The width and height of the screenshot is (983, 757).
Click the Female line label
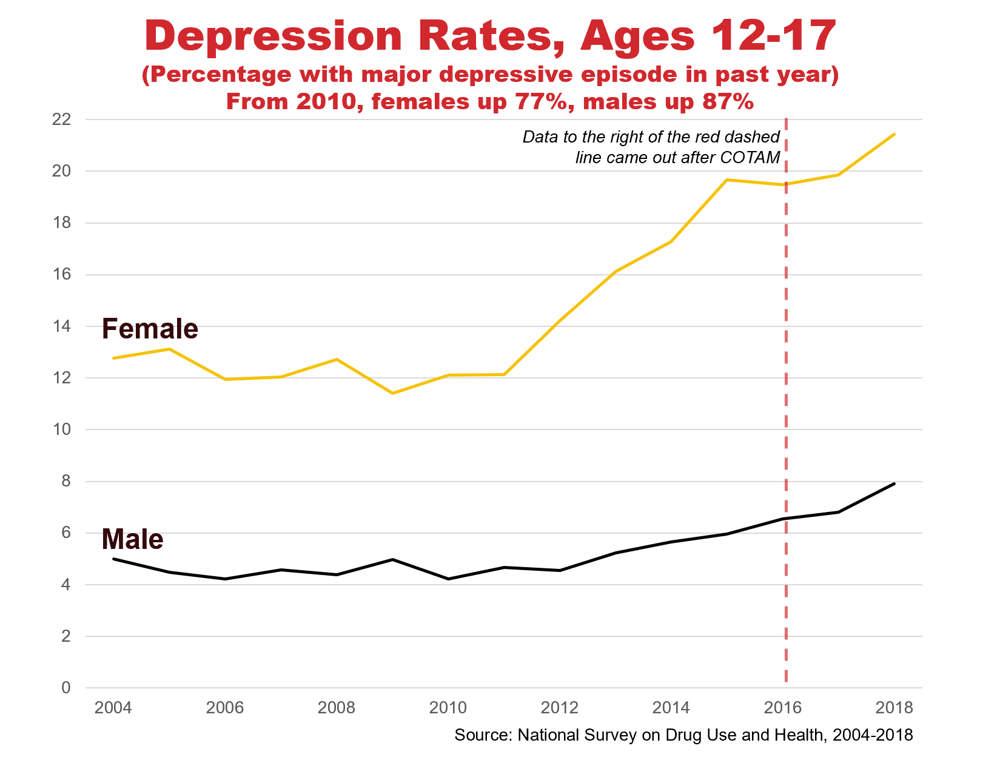150,329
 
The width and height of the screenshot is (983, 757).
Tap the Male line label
132,539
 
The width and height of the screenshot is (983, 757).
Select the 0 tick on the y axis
65,688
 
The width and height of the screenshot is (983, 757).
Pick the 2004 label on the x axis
113,707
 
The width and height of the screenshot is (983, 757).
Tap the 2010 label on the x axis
448,707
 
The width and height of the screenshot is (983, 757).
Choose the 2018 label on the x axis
894,707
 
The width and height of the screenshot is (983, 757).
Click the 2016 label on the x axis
783,707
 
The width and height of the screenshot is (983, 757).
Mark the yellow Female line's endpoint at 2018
894,134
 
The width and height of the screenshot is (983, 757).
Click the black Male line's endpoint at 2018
894,483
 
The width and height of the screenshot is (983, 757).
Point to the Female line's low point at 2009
393,393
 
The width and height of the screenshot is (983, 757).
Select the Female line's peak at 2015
726,180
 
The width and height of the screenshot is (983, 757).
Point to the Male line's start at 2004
114,559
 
